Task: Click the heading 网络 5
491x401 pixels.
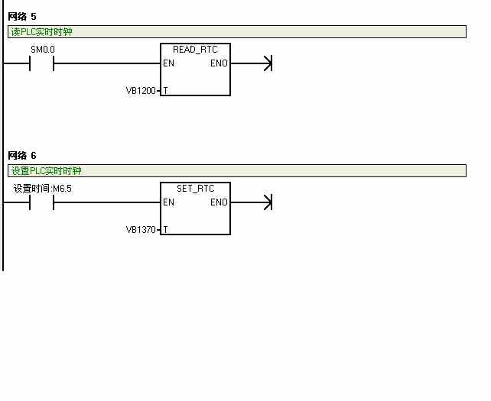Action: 22,16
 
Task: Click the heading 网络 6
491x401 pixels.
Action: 22,156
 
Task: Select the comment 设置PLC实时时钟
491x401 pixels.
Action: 47,171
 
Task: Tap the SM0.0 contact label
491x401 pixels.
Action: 42,50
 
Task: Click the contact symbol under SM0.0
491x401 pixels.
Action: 41,63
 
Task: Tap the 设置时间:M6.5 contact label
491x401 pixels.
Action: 43,189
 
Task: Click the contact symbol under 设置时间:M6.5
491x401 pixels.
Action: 41,202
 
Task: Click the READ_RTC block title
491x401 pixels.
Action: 195,50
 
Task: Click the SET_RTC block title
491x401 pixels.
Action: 195,189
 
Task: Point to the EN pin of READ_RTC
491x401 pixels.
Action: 169,63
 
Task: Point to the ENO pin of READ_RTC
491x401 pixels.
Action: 219,63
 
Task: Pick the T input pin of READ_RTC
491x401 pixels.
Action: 166,91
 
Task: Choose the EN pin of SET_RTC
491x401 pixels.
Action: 169,202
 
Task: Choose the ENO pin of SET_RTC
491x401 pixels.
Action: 219,202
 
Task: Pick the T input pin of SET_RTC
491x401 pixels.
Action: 166,230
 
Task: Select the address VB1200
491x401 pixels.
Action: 141,91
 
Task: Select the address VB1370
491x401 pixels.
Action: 141,230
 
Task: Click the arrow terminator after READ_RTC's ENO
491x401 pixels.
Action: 267,63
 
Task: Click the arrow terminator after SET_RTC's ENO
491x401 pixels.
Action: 267,202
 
